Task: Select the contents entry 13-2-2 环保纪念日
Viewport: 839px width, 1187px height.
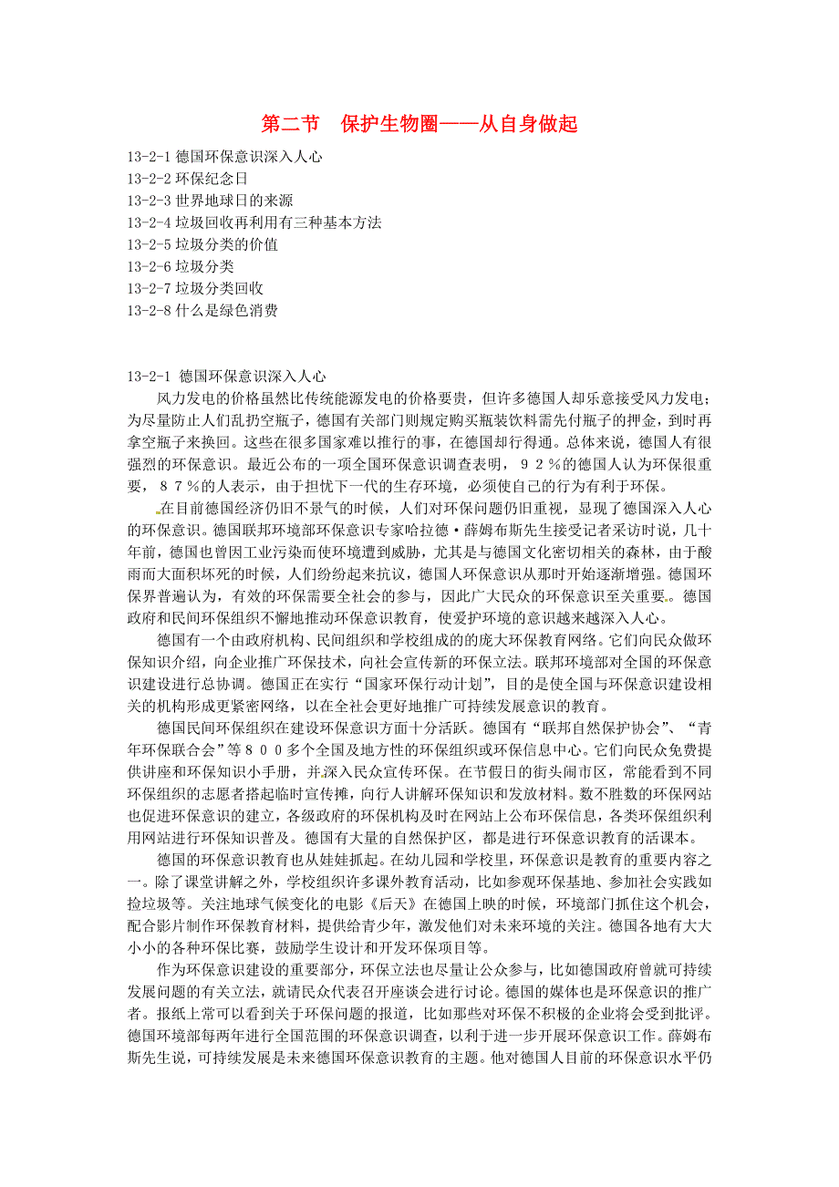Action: coord(188,179)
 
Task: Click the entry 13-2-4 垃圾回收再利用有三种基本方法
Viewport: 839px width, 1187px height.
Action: coord(254,222)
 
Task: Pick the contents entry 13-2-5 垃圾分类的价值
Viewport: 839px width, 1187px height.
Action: coord(203,244)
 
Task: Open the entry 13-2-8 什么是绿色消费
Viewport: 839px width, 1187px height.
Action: coord(203,310)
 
